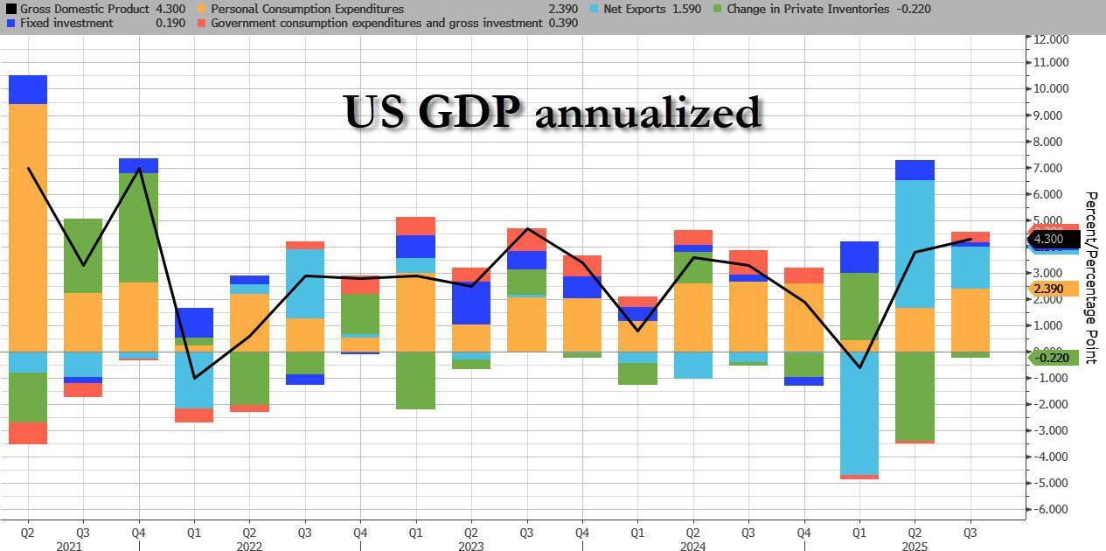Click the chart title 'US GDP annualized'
pos(552,112)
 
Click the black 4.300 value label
pos(1048,239)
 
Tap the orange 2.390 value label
pos(1048,289)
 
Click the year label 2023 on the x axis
pos(471,546)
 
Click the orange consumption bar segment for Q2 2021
pos(28,227)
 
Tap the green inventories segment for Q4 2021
pos(138,227)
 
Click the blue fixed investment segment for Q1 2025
pos(859,257)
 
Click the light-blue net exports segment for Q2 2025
pos(915,244)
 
